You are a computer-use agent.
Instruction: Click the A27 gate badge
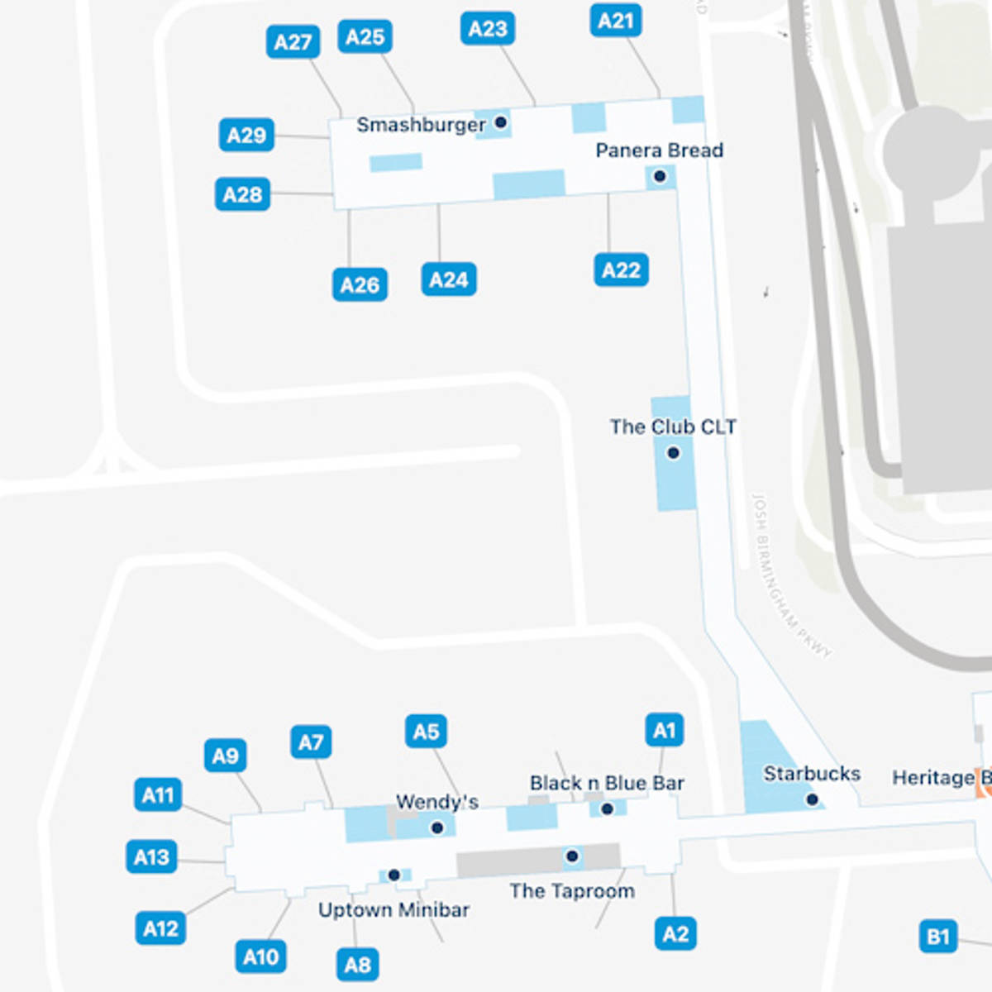tap(293, 42)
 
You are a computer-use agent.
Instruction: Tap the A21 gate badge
tap(615, 21)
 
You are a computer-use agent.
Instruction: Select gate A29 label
tap(246, 136)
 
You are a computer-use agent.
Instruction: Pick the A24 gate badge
tap(448, 280)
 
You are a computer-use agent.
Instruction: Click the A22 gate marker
tap(621, 270)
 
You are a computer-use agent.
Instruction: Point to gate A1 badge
tap(664, 731)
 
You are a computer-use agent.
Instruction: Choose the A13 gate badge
tap(151, 857)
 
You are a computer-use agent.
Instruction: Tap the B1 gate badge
tap(937, 937)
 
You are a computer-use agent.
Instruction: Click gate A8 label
tap(357, 965)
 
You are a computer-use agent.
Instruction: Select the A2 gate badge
tap(675, 934)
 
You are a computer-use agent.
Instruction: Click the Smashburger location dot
tap(500, 122)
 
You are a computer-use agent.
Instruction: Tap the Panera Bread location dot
tap(660, 176)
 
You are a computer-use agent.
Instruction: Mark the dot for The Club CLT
tap(673, 453)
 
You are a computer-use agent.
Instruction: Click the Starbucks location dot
tap(812, 799)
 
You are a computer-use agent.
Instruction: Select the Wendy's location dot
tap(437, 827)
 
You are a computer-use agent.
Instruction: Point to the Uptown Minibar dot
tap(393, 875)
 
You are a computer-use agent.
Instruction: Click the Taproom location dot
tap(571, 856)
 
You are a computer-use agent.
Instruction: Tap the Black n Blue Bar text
tap(607, 783)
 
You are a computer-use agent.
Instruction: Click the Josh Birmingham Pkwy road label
tap(789, 575)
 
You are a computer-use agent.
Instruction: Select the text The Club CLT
tap(672, 427)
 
